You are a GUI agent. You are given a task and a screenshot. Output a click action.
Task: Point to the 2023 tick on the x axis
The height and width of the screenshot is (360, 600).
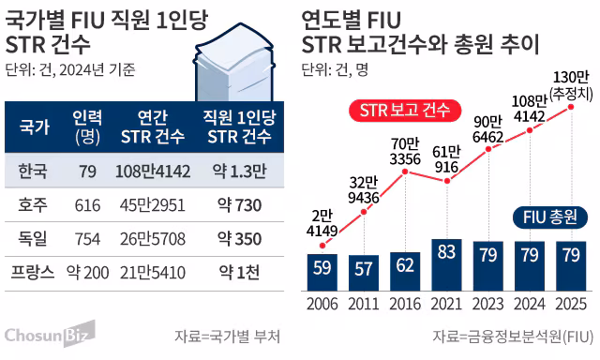pos(487,305)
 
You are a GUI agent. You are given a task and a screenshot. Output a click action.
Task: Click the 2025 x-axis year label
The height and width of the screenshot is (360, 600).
pos(570,305)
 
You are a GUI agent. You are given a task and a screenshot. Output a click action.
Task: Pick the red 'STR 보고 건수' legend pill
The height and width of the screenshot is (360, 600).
pos(406,110)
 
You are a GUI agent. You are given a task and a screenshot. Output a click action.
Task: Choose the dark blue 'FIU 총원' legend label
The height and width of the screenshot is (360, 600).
pos(550,218)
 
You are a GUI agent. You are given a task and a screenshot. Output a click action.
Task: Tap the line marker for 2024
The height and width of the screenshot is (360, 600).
pos(530,129)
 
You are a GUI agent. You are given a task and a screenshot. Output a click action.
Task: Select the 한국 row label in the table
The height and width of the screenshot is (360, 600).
pos(36,171)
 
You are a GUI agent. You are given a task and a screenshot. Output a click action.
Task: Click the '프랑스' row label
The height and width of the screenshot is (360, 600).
pos(36,273)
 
